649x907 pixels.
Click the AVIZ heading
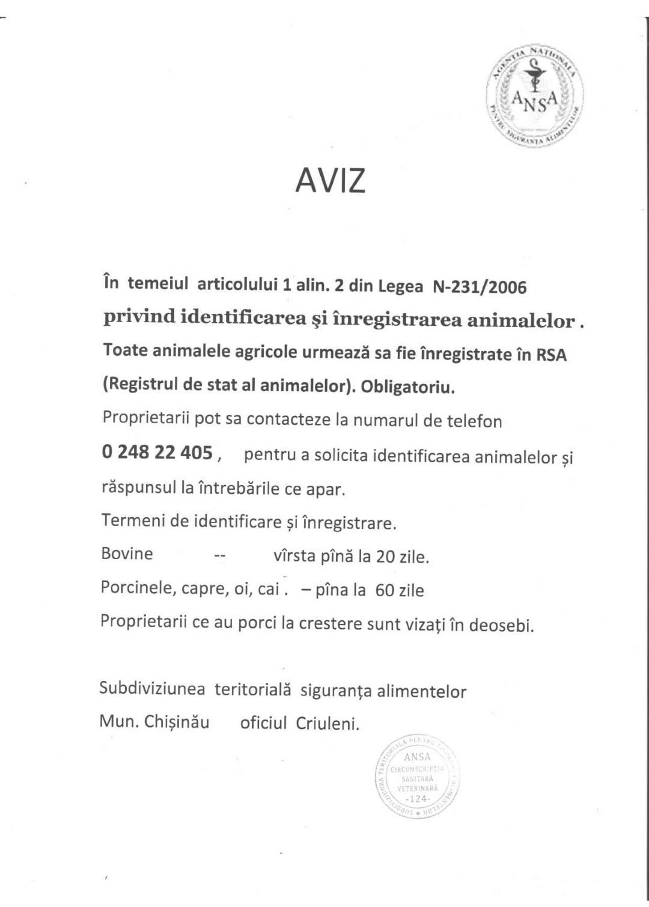click(330, 179)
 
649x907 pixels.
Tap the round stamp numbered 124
click(417, 777)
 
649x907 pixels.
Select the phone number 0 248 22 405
click(157, 453)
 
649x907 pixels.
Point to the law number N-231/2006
click(480, 287)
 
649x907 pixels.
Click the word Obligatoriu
click(408, 387)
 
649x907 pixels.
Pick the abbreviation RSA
click(552, 355)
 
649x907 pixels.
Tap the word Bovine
click(127, 554)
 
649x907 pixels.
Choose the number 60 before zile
click(384, 590)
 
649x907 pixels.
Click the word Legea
click(400, 287)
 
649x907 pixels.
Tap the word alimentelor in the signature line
click(421, 692)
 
